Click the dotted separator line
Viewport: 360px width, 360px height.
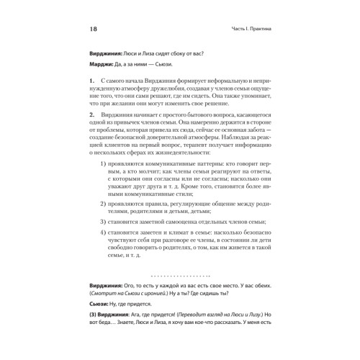tap(179, 295)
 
